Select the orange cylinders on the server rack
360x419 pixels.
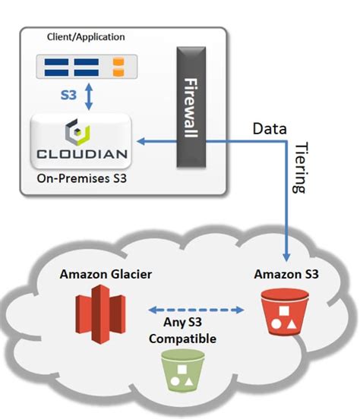pos(118,67)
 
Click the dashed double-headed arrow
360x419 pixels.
pos(195,309)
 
